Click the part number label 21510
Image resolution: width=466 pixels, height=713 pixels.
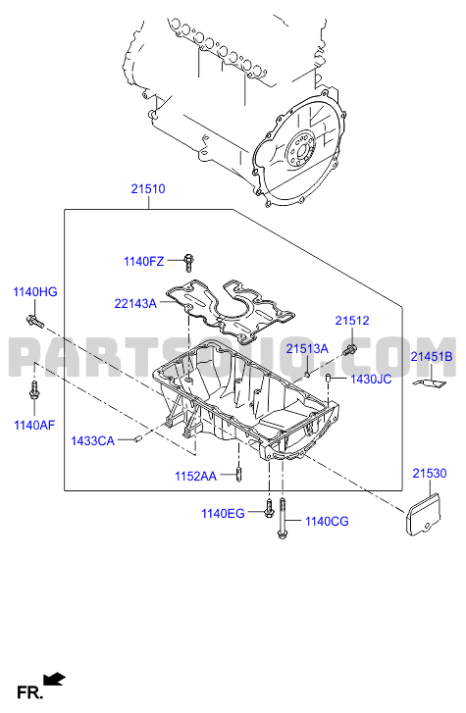point(148,188)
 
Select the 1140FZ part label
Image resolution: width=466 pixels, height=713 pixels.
point(144,262)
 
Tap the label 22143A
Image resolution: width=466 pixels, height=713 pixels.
point(135,303)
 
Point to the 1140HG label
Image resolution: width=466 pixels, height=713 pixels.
point(35,292)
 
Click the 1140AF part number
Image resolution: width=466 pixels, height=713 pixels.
point(34,426)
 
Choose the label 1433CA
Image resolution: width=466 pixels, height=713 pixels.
point(93,440)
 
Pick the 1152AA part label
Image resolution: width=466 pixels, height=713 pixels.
point(195,476)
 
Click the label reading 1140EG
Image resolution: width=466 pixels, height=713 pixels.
point(223,513)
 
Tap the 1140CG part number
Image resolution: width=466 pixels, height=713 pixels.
point(327,521)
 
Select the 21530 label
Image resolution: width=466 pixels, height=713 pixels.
point(430,474)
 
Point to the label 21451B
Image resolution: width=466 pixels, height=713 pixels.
point(432,357)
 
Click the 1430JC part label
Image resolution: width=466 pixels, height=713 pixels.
point(371,380)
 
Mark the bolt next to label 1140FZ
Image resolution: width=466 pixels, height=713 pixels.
point(188,263)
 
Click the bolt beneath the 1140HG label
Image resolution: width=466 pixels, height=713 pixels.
point(35,321)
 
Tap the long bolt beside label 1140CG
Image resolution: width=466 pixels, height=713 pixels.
point(283,519)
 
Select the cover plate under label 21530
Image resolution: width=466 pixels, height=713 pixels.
point(423,515)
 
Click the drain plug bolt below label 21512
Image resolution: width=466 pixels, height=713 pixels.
point(350,350)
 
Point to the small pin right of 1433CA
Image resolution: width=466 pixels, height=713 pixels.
point(138,438)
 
